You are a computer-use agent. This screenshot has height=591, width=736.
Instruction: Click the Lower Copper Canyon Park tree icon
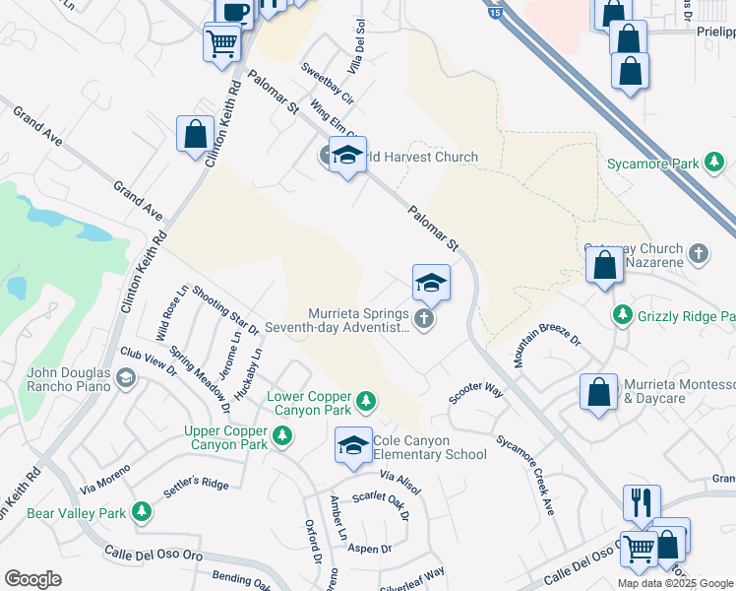point(365,399)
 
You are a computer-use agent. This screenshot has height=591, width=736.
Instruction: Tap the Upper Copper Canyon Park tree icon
point(282,434)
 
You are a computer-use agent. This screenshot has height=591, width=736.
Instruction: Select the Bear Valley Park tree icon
point(142,511)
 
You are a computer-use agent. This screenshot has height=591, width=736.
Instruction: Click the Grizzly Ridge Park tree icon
point(622,316)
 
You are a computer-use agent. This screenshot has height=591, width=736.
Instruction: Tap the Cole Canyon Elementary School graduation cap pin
point(353,444)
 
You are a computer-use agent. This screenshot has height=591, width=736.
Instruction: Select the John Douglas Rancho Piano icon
point(125,377)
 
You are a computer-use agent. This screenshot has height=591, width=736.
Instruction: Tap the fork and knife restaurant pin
point(641,501)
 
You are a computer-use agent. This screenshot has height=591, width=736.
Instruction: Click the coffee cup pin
point(234,11)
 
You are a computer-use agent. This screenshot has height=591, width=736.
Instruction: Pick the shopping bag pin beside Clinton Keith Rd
point(195,134)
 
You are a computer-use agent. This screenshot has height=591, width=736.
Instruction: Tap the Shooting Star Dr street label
point(225,308)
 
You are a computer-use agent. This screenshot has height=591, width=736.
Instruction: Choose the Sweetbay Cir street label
point(327,85)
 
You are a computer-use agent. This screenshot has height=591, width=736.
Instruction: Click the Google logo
point(33,579)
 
